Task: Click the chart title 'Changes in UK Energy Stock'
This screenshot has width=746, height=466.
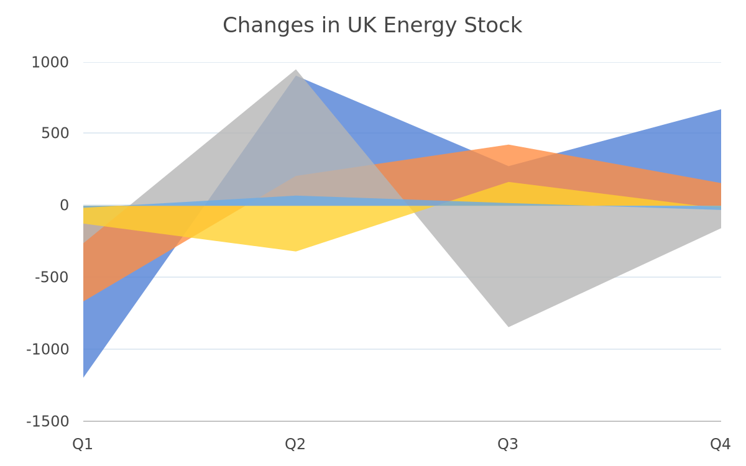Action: [x=372, y=25]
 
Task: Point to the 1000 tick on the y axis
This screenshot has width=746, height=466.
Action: [x=50, y=63]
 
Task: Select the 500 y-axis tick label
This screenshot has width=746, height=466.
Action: [x=55, y=134]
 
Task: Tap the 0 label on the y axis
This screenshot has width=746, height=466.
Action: [x=64, y=206]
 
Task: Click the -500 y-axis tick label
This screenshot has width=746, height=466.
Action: [x=52, y=277]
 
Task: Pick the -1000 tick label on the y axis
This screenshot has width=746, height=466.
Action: [x=48, y=349]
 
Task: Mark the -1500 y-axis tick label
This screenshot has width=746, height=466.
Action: [x=48, y=421]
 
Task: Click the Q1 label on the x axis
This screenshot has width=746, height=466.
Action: [x=83, y=444]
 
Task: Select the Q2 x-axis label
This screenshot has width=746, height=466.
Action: [x=295, y=444]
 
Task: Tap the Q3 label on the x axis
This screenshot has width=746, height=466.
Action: [x=508, y=444]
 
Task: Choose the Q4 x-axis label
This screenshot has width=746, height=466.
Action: [x=721, y=444]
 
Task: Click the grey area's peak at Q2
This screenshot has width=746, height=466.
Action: [x=296, y=70]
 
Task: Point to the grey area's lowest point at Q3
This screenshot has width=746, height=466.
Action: [x=509, y=327]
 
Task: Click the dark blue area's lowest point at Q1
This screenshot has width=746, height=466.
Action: [x=83, y=377]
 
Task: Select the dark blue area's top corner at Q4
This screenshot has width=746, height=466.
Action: [x=721, y=109]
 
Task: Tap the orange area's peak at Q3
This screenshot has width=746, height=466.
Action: [x=509, y=145]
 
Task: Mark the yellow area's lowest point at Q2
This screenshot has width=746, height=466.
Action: [x=295, y=251]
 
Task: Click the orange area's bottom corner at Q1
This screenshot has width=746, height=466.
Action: [x=83, y=301]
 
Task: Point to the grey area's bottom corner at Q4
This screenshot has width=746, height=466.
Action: [x=721, y=228]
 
